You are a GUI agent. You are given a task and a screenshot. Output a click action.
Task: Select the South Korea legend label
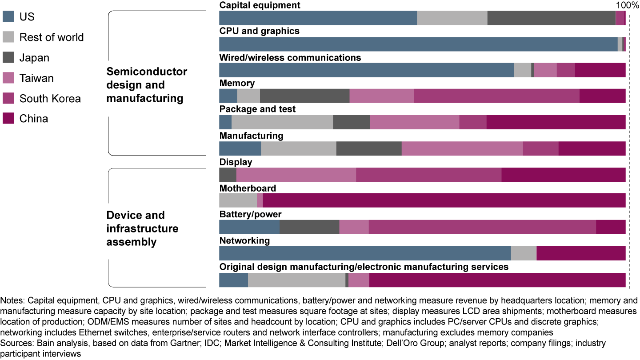pyautogui.click(x=50, y=98)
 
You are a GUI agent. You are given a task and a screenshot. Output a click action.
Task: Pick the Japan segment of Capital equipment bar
pyautogui.click(x=551, y=18)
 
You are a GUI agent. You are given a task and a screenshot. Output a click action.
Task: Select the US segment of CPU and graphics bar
pyautogui.click(x=418, y=44)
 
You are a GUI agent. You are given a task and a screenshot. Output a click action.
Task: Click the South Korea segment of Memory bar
pyautogui.click(x=496, y=96)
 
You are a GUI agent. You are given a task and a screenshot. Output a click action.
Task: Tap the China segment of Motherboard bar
pyautogui.click(x=444, y=200)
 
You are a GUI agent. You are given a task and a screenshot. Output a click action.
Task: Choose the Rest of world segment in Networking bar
pyautogui.click(x=524, y=253)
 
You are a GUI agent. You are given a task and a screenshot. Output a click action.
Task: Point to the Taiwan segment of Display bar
pyautogui.click(x=296, y=175)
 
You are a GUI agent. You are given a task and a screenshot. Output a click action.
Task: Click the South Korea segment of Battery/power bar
pyautogui.click(x=482, y=227)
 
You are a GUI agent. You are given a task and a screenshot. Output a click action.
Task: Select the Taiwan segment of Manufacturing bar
pyautogui.click(x=462, y=148)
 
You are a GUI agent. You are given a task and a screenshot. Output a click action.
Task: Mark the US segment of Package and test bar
pyautogui.click(x=225, y=122)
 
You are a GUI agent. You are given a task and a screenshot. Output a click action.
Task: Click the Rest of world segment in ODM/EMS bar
pyautogui.click(x=296, y=280)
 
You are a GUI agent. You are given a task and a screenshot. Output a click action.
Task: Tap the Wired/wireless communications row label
pyautogui.click(x=290, y=58)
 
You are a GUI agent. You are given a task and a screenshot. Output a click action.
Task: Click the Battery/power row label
pyautogui.click(x=250, y=215)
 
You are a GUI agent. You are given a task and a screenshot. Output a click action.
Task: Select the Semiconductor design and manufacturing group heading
pyautogui.click(x=147, y=85)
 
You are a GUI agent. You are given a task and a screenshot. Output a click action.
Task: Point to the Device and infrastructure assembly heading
pyautogui.click(x=142, y=228)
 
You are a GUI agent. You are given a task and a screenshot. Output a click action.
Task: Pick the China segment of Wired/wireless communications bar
pyautogui.click(x=600, y=70)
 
